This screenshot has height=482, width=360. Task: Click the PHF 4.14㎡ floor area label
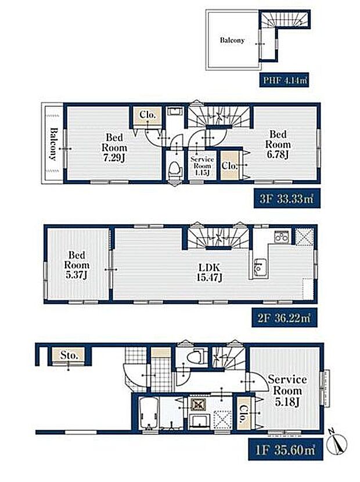pos(284,80)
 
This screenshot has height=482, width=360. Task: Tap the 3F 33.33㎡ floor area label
pos(287,199)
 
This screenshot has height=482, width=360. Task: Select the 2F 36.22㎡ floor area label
pos(284,317)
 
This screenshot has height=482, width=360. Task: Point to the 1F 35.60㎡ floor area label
pos(286,450)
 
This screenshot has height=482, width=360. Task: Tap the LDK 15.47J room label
pos(210,272)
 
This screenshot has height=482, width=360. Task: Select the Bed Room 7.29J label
pos(114,148)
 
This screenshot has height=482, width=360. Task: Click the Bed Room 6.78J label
pos(278,145)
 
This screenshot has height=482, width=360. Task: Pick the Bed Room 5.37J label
pos(77,265)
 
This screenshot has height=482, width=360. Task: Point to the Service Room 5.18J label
pos(287,390)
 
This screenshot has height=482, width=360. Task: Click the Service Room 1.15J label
pos(202,166)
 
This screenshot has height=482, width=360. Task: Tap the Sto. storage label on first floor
pos(69,355)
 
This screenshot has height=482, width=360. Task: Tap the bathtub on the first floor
pos(149,413)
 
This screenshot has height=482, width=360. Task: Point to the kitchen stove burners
pos(282,237)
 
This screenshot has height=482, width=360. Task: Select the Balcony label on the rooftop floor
pos(232,40)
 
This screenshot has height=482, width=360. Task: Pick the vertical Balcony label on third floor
pos(53,145)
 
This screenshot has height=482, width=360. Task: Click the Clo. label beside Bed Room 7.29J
pos(148,115)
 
